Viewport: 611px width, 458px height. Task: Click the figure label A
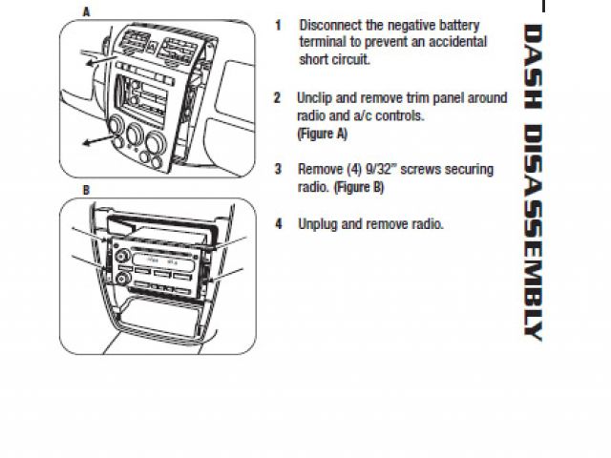click(x=87, y=12)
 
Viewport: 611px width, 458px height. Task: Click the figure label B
click(x=86, y=190)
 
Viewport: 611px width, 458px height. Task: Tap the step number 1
click(x=278, y=25)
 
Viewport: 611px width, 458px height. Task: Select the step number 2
click(x=277, y=98)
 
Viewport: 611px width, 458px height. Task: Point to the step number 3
click(x=278, y=170)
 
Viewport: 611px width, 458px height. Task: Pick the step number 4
click(x=278, y=224)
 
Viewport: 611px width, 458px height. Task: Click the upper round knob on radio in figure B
click(x=123, y=256)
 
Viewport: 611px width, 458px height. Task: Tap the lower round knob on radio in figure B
click(x=123, y=278)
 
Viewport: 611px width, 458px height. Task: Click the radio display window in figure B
click(x=158, y=260)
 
